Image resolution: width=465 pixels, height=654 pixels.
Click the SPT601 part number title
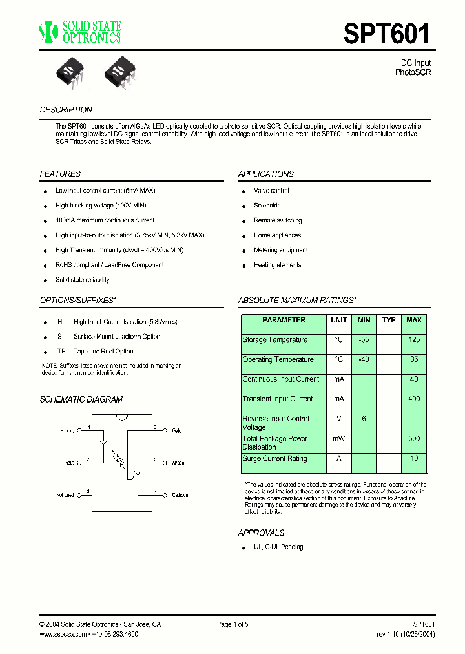(x=386, y=34)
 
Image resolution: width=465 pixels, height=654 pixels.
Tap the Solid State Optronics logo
(x=80, y=32)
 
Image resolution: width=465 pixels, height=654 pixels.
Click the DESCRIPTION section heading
(x=66, y=110)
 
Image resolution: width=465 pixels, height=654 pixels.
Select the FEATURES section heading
(x=60, y=174)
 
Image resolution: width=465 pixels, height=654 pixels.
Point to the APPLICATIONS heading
(x=265, y=174)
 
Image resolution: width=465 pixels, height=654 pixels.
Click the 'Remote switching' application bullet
(x=278, y=220)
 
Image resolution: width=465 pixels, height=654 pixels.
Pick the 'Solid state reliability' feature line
(x=83, y=280)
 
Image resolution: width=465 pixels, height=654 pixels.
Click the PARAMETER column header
(x=284, y=321)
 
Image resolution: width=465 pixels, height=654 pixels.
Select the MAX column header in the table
(x=414, y=321)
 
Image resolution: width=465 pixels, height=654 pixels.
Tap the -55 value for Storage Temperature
(x=364, y=340)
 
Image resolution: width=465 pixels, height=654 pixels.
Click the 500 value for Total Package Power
(x=414, y=439)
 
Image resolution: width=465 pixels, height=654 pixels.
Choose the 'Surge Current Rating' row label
(x=274, y=459)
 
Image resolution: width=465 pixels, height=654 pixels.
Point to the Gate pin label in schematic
(x=176, y=430)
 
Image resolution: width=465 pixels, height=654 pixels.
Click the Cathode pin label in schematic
(x=180, y=495)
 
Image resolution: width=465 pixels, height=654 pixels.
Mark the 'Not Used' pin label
(x=65, y=495)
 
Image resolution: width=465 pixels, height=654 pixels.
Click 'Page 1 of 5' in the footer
(x=232, y=624)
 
